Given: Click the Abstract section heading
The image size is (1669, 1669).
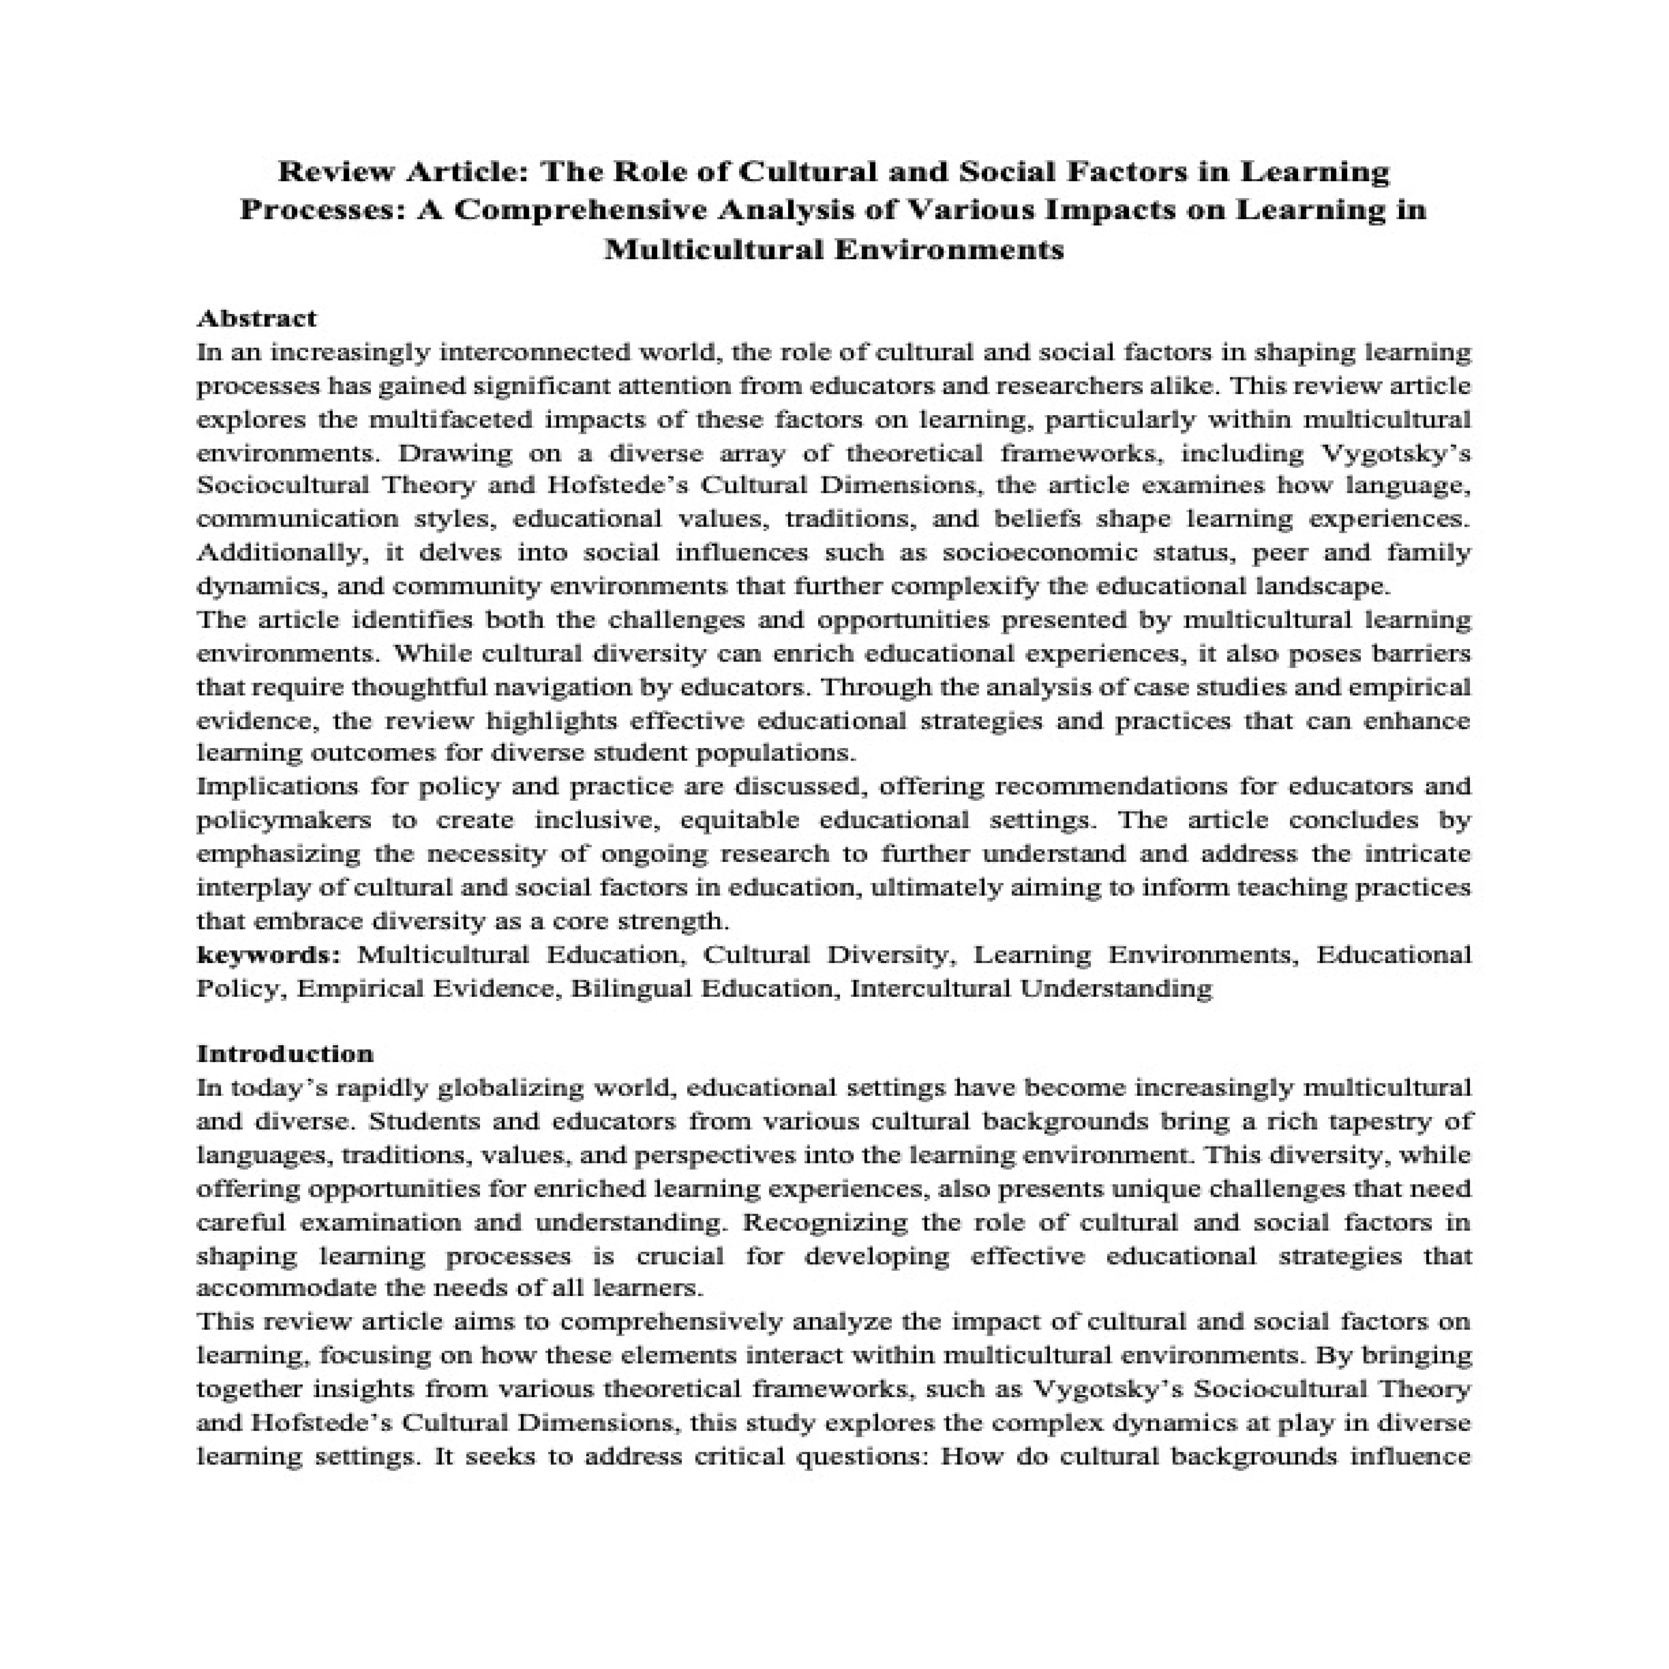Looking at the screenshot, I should click(x=256, y=319).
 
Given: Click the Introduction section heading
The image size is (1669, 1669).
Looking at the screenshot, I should click(x=285, y=1054).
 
